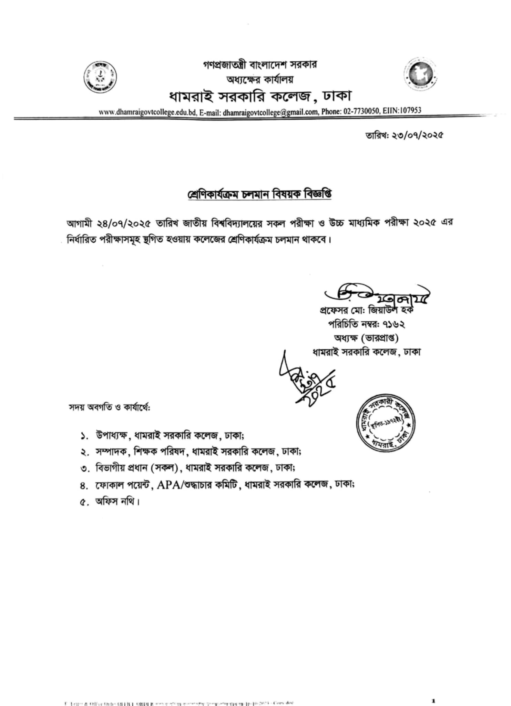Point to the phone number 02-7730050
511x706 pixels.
[x=361, y=111]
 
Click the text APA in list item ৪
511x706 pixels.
[x=168, y=485]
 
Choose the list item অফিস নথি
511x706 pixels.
[x=117, y=502]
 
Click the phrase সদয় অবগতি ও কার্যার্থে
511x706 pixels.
[x=110, y=407]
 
